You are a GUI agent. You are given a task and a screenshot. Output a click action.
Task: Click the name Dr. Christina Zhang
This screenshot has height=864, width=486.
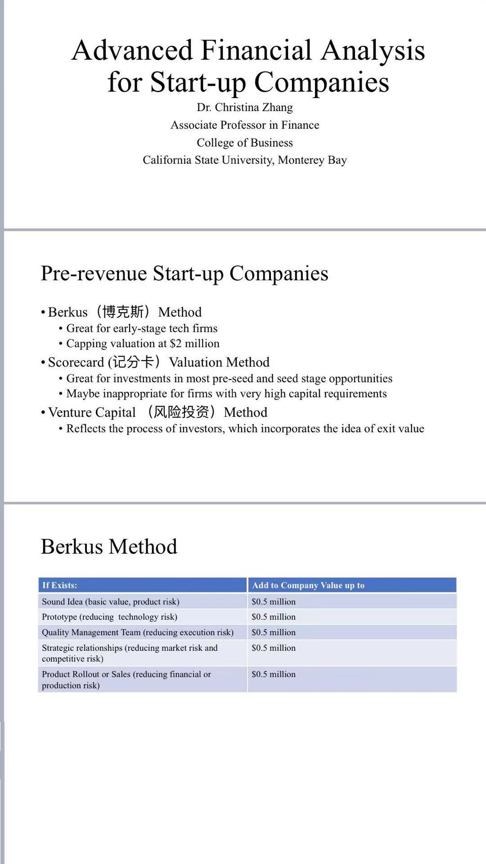(244, 107)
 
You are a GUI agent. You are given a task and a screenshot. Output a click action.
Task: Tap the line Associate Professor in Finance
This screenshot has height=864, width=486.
(244, 125)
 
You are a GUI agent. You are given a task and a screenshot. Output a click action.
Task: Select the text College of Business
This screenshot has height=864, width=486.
(244, 143)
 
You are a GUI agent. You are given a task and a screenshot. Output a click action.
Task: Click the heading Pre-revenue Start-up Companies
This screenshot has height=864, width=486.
(184, 273)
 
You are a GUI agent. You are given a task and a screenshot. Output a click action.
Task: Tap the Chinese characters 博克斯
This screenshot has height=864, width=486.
(123, 312)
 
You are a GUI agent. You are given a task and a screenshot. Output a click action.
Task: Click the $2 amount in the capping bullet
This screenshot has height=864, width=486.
(175, 344)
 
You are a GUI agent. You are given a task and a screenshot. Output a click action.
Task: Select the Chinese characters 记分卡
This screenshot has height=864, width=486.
(133, 362)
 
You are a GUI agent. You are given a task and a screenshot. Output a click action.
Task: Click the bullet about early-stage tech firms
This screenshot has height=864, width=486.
(141, 328)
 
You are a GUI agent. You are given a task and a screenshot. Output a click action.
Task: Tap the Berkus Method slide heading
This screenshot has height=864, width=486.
(109, 547)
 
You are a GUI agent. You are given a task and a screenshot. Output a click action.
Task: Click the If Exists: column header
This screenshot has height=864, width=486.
(59, 585)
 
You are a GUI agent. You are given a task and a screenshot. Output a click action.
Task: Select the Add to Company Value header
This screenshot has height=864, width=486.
(308, 585)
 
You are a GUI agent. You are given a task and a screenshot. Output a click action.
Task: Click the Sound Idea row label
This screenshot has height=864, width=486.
(110, 602)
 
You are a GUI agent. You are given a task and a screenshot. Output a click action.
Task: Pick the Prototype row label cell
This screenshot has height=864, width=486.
(109, 617)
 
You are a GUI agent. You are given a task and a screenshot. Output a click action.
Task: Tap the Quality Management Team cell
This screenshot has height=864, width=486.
(137, 632)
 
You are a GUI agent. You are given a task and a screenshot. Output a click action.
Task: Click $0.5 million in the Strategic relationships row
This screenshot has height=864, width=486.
(274, 648)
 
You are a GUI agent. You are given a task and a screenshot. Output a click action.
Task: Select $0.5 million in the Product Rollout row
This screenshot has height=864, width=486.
(274, 674)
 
